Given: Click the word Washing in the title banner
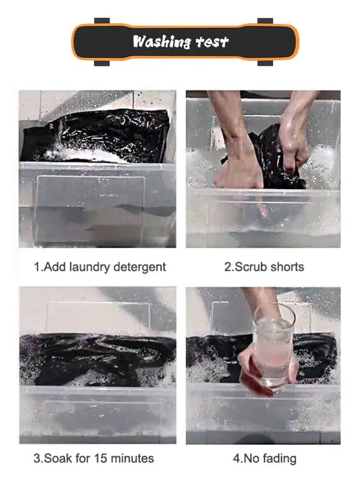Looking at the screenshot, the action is [x=161, y=42].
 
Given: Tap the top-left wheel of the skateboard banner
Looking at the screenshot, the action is [x=102, y=21].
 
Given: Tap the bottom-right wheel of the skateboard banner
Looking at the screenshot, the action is [x=265, y=63].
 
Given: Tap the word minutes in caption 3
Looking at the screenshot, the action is [x=132, y=458].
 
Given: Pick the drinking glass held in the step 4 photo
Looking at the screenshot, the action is [x=273, y=346].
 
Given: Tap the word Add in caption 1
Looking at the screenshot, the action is [x=55, y=267].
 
